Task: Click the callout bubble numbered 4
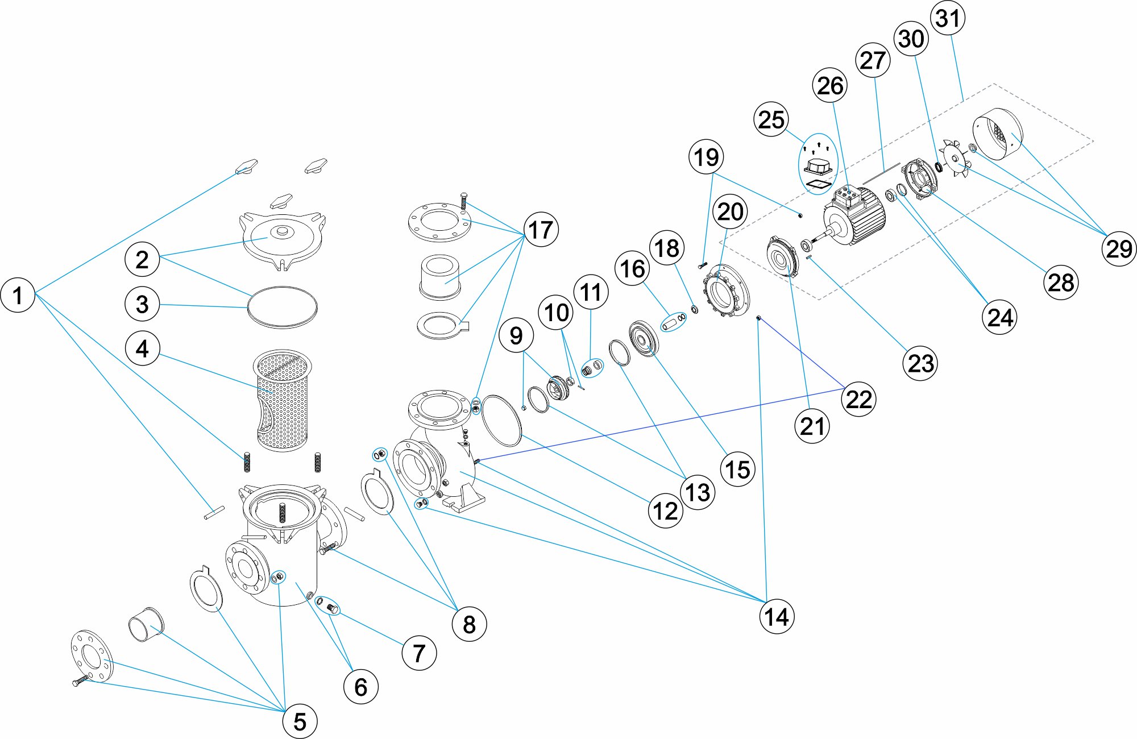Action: point(142,348)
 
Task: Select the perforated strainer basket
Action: point(283,401)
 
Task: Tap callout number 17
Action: point(541,230)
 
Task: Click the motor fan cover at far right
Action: point(998,135)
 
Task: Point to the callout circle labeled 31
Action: point(948,18)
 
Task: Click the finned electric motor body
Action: point(856,216)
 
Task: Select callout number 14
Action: point(777,617)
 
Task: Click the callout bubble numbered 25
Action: point(771,120)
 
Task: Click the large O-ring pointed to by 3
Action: point(283,308)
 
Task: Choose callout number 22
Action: point(858,399)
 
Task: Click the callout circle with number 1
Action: point(18,295)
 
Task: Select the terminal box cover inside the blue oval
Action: point(818,166)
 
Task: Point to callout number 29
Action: point(1118,249)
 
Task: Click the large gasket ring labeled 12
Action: point(501,421)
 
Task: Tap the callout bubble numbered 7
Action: point(419,654)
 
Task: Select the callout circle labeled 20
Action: point(731,212)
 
